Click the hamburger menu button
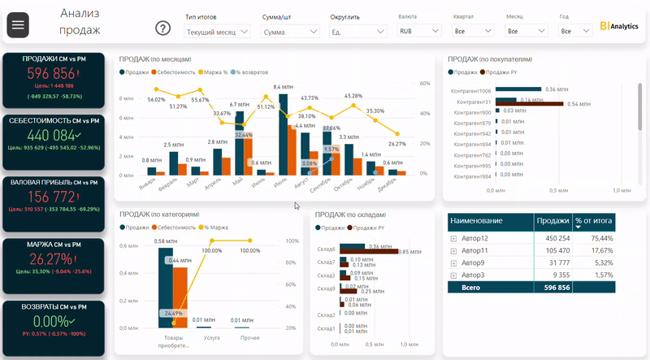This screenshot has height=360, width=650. pyautogui.click(x=18, y=25)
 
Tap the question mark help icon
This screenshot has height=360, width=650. pyautogui.click(x=162, y=28)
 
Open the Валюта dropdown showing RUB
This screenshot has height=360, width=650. pyautogui.click(x=418, y=31)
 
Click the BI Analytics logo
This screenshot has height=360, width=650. pyautogui.click(x=619, y=26)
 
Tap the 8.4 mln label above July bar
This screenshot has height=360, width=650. pyautogui.click(x=283, y=87)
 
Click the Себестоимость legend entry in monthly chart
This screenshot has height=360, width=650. pyautogui.click(x=174, y=72)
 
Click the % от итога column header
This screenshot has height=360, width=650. pyautogui.click(x=592, y=220)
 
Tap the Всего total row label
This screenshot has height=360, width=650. pyautogui.click(x=471, y=287)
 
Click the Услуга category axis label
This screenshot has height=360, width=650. pyautogui.click(x=212, y=337)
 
